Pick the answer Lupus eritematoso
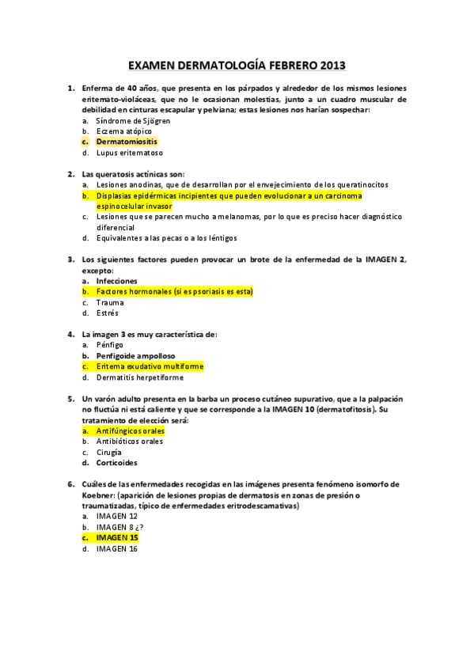(x=129, y=153)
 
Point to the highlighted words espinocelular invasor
(x=134, y=206)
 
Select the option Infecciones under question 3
(x=116, y=281)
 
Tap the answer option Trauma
(x=110, y=302)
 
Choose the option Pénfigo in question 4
(x=110, y=345)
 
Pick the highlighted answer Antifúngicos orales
(x=130, y=431)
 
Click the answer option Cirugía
(x=109, y=452)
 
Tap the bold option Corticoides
(x=116, y=463)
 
